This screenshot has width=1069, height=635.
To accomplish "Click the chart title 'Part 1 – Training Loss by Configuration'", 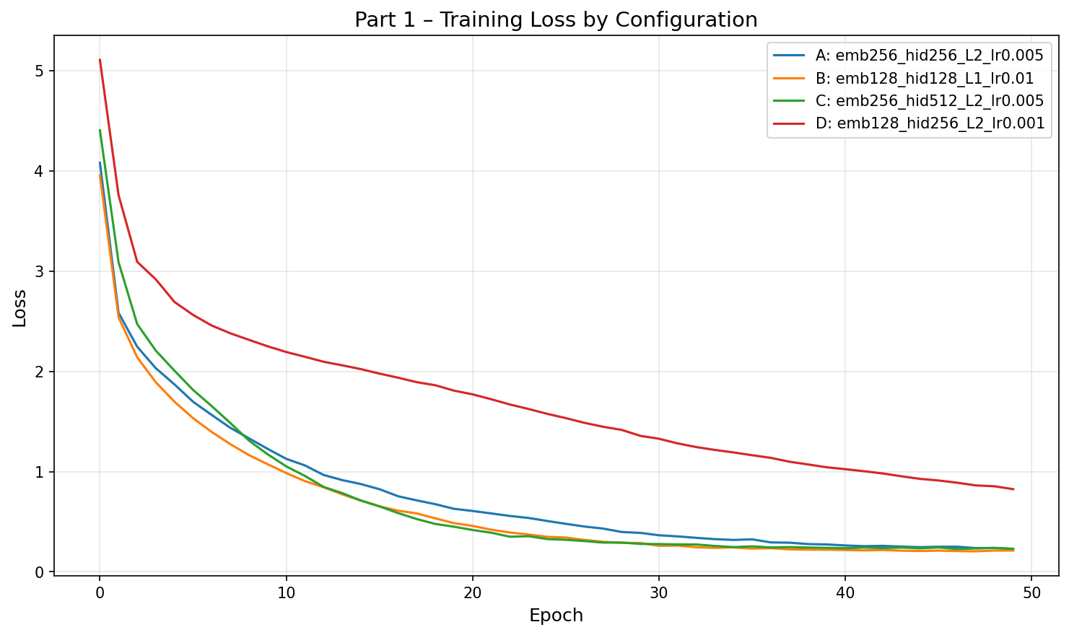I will point(556,19).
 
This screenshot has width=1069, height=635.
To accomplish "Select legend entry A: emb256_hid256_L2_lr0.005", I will point(929,56).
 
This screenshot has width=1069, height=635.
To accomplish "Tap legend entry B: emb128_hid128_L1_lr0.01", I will point(924,78).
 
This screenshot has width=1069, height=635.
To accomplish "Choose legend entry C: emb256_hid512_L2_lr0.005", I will point(929,100).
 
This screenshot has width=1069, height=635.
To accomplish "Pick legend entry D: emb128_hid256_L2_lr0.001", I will point(930,123).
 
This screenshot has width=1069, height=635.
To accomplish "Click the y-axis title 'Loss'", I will point(19,307).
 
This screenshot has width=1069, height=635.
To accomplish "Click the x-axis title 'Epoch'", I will point(556,616).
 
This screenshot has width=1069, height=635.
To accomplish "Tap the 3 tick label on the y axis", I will point(40,271).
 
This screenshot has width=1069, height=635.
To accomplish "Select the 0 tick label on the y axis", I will point(40,572).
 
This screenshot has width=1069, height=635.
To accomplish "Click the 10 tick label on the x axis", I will point(286,592).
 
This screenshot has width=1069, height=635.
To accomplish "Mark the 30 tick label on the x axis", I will point(658,592).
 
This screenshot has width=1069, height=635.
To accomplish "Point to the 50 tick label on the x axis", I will point(1031,592).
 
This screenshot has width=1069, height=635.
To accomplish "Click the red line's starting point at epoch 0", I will point(100,60).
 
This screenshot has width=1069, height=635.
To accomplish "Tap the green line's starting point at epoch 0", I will point(100,131).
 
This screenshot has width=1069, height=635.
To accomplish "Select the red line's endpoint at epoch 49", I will point(1013,489).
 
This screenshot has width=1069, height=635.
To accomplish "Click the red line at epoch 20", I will point(472,394).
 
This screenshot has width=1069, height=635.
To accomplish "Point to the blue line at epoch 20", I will point(472,511).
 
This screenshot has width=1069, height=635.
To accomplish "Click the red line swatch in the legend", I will point(790,123).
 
